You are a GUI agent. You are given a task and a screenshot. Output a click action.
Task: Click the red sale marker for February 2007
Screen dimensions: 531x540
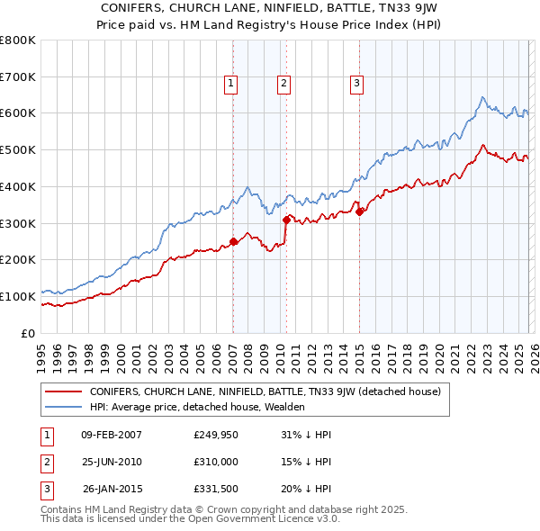(x=233, y=241)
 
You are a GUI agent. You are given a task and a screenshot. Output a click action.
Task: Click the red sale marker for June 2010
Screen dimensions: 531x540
(x=286, y=219)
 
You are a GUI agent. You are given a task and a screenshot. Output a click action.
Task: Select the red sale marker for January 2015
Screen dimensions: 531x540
(x=359, y=211)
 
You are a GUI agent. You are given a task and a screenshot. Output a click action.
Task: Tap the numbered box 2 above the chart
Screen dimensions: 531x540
(x=283, y=84)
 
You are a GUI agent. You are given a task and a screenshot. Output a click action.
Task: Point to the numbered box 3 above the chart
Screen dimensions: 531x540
(x=356, y=84)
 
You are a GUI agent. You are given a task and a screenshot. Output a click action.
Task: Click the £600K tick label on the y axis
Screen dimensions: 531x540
(x=18, y=113)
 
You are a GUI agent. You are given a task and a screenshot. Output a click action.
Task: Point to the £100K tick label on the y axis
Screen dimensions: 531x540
(x=18, y=296)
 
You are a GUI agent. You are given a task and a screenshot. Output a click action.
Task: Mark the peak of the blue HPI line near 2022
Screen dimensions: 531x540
(x=483, y=97)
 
